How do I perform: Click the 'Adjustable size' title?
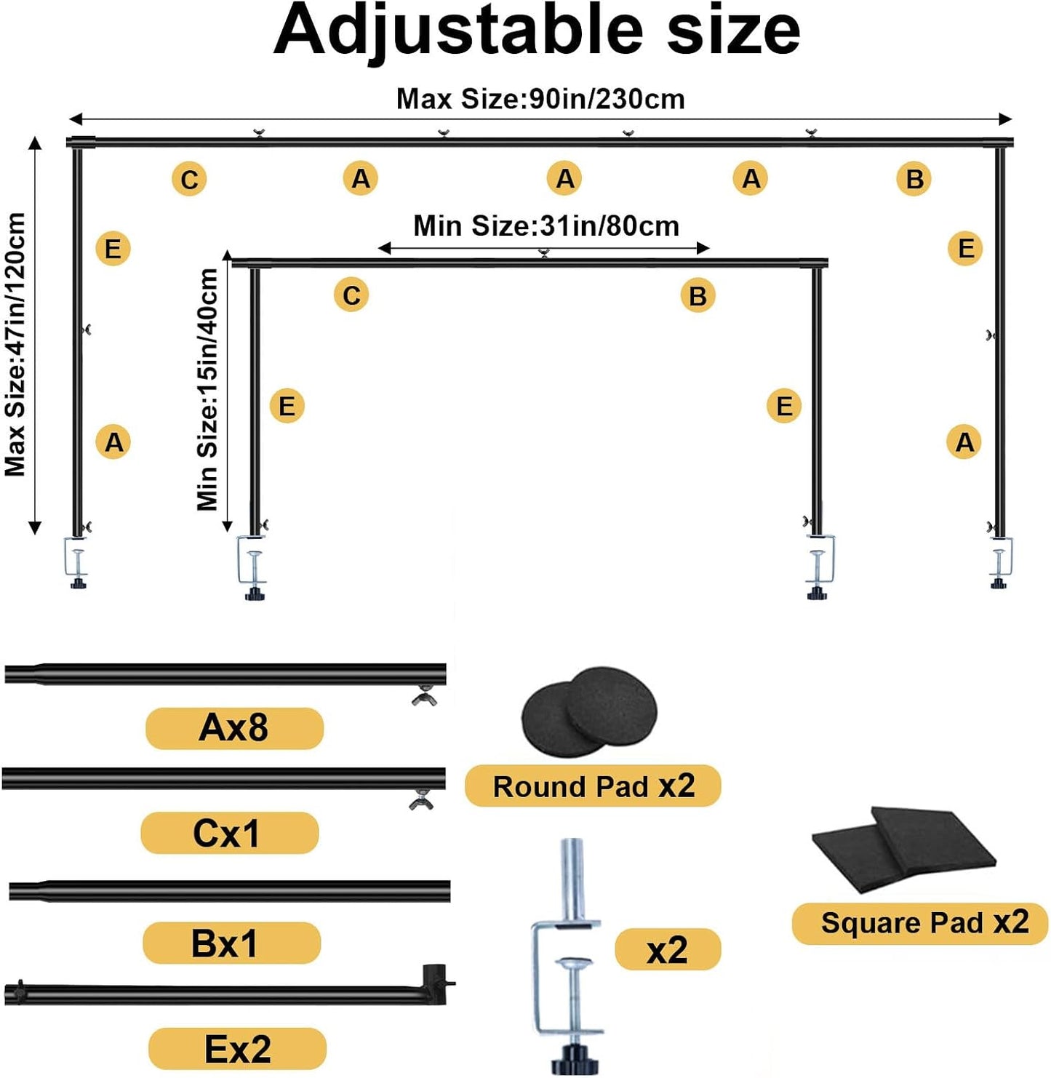coord(536,32)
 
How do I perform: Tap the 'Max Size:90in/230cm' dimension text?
coord(540,100)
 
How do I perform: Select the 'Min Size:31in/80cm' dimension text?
coord(546,226)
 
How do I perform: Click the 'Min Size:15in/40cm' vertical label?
coord(208,389)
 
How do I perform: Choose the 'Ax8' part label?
coord(234,728)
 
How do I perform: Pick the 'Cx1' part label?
coord(229,833)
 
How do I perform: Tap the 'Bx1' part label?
coord(231,943)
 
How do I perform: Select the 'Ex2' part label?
coord(237,1048)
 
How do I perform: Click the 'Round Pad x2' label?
coord(593,786)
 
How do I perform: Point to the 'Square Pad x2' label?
coord(920,924)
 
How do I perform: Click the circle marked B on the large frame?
coord(914,179)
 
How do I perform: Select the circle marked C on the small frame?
coord(351,295)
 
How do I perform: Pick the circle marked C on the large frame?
coord(189,180)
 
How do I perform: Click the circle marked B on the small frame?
coord(698,295)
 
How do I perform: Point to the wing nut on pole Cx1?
coord(422,800)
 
